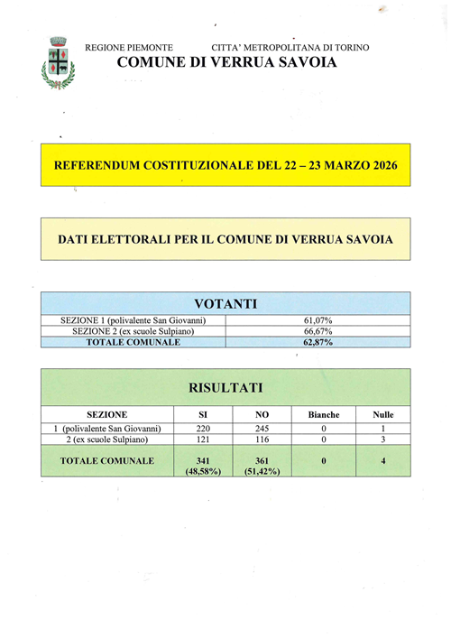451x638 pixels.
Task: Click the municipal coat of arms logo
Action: click(59, 62)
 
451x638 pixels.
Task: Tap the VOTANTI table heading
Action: click(225, 304)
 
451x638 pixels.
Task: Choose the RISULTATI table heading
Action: click(225, 387)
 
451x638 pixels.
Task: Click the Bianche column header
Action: click(324, 414)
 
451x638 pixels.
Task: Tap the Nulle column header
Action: click(383, 414)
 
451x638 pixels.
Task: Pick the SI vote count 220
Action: click(203, 429)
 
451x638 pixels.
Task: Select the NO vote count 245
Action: click(263, 429)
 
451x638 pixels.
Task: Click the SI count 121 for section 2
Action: click(203, 439)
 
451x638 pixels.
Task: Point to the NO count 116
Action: click(263, 439)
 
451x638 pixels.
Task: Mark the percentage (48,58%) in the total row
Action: click(203, 472)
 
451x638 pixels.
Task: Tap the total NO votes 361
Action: click(263, 460)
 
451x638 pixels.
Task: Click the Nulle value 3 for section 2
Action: click(383, 439)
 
